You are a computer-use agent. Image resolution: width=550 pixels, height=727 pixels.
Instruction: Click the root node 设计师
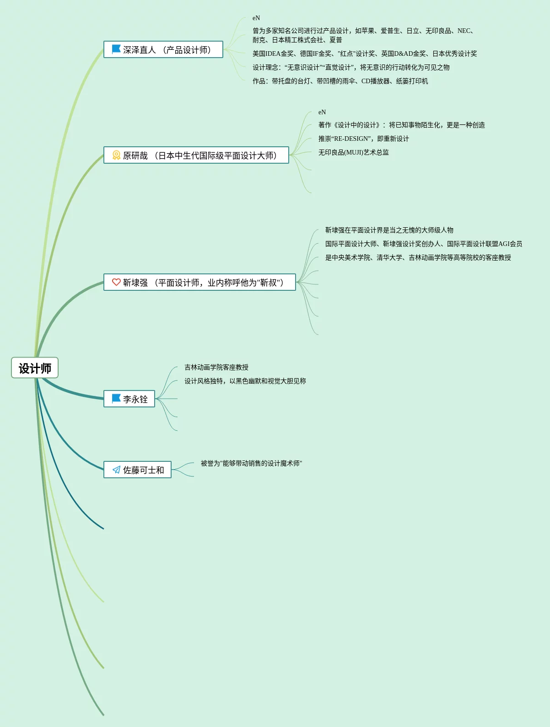point(35,368)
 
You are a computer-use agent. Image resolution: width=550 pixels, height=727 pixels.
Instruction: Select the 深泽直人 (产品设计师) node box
point(163,50)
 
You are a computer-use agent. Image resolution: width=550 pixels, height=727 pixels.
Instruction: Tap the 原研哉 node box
point(196,155)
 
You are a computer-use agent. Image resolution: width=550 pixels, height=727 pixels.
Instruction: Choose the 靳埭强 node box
point(200,283)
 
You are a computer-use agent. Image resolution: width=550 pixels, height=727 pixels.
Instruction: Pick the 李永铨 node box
point(129,399)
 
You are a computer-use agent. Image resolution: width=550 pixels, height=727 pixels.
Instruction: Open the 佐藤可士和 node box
point(137,470)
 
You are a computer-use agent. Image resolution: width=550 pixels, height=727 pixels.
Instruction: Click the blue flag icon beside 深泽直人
point(116,49)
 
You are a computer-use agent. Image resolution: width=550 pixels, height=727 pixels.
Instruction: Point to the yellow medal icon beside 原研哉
point(116,155)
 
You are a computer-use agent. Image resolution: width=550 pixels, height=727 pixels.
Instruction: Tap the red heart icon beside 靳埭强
point(116,282)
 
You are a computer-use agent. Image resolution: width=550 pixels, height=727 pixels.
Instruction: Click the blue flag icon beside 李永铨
point(116,398)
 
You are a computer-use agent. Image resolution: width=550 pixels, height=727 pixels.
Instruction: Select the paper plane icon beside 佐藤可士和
point(116,470)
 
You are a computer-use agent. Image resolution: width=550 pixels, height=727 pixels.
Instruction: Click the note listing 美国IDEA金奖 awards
point(364,54)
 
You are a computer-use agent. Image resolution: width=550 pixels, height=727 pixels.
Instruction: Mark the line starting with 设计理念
point(351,68)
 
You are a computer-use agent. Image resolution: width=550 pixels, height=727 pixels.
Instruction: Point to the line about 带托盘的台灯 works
point(340,81)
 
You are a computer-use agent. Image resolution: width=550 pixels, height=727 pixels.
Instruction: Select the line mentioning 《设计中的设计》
point(401,125)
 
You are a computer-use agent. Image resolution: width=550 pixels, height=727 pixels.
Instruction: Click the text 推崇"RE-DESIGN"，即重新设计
point(363,139)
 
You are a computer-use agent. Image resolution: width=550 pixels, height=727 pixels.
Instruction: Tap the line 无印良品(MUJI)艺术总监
point(353,153)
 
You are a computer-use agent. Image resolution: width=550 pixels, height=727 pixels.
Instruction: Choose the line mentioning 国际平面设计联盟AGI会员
point(423,244)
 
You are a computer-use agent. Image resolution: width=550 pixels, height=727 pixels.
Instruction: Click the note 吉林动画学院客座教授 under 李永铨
point(216,368)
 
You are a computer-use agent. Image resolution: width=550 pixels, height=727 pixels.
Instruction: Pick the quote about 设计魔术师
point(251,464)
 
